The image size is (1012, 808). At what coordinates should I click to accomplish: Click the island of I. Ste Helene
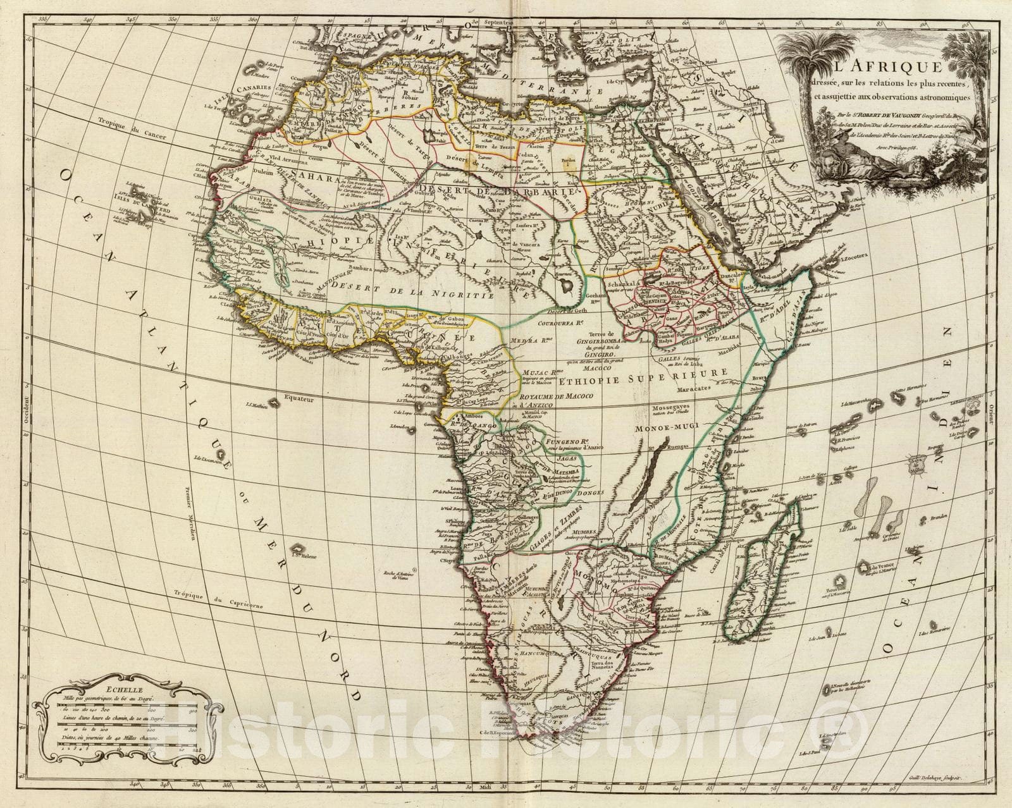tap(297, 549)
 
